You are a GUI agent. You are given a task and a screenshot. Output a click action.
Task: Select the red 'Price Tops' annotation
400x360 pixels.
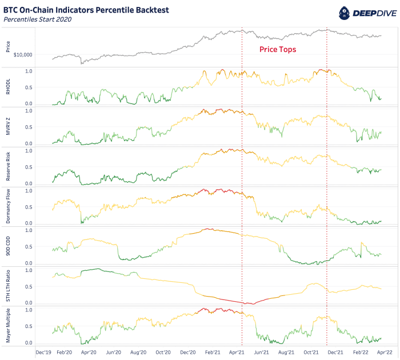[x=278, y=50]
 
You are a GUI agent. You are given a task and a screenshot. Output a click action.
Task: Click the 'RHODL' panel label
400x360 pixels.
[x=7, y=86]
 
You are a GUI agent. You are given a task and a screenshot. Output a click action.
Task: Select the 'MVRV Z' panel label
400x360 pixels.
[x=7, y=126]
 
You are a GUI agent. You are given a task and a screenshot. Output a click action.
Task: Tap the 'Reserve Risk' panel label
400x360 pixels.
[x=7, y=166]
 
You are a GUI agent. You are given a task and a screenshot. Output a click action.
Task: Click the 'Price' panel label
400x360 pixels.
[x=7, y=46]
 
